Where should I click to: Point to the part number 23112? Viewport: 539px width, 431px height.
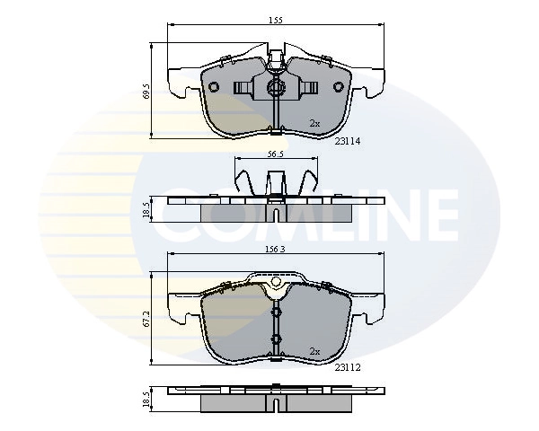pyautogui.click(x=349, y=367)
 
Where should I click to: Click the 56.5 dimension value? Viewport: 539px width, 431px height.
pyautogui.click(x=274, y=154)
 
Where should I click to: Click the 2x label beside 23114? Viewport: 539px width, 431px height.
pyautogui.click(x=314, y=123)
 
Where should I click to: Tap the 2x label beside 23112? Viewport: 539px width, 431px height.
pyautogui.click(x=314, y=351)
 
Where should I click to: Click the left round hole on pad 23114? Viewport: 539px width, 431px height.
pyautogui.click(x=216, y=87)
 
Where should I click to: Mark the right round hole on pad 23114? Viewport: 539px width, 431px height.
pyautogui.click(x=339, y=87)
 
